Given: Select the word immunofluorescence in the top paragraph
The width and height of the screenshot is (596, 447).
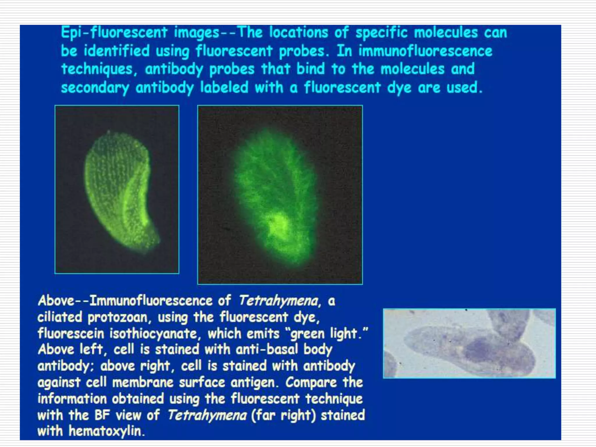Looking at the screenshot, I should [425, 51].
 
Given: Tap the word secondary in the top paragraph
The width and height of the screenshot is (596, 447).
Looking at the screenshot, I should [95, 88].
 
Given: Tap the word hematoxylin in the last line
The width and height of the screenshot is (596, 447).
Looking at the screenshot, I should [106, 431].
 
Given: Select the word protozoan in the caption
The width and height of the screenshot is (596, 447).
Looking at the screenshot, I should [119, 317].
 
